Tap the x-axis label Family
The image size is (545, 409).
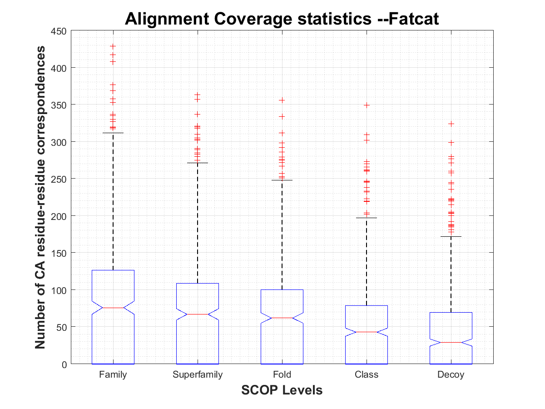[x=113, y=375]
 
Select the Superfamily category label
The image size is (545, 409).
[x=198, y=375]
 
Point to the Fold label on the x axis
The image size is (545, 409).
[x=282, y=375]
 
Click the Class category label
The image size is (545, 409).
[x=367, y=375]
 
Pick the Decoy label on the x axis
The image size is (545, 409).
[x=451, y=375]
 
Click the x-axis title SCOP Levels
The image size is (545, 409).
[x=282, y=390]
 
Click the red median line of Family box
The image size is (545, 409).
[x=113, y=308]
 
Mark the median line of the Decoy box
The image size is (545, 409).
[x=451, y=342]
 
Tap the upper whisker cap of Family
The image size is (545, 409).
[x=113, y=133]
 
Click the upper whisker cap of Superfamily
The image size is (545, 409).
[x=198, y=163]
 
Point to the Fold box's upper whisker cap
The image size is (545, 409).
[x=282, y=180]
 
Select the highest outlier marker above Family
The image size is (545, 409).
[x=113, y=46]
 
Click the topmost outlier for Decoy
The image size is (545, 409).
[x=451, y=124]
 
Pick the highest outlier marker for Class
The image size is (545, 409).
[x=367, y=105]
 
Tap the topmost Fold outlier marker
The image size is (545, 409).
[x=282, y=100]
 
